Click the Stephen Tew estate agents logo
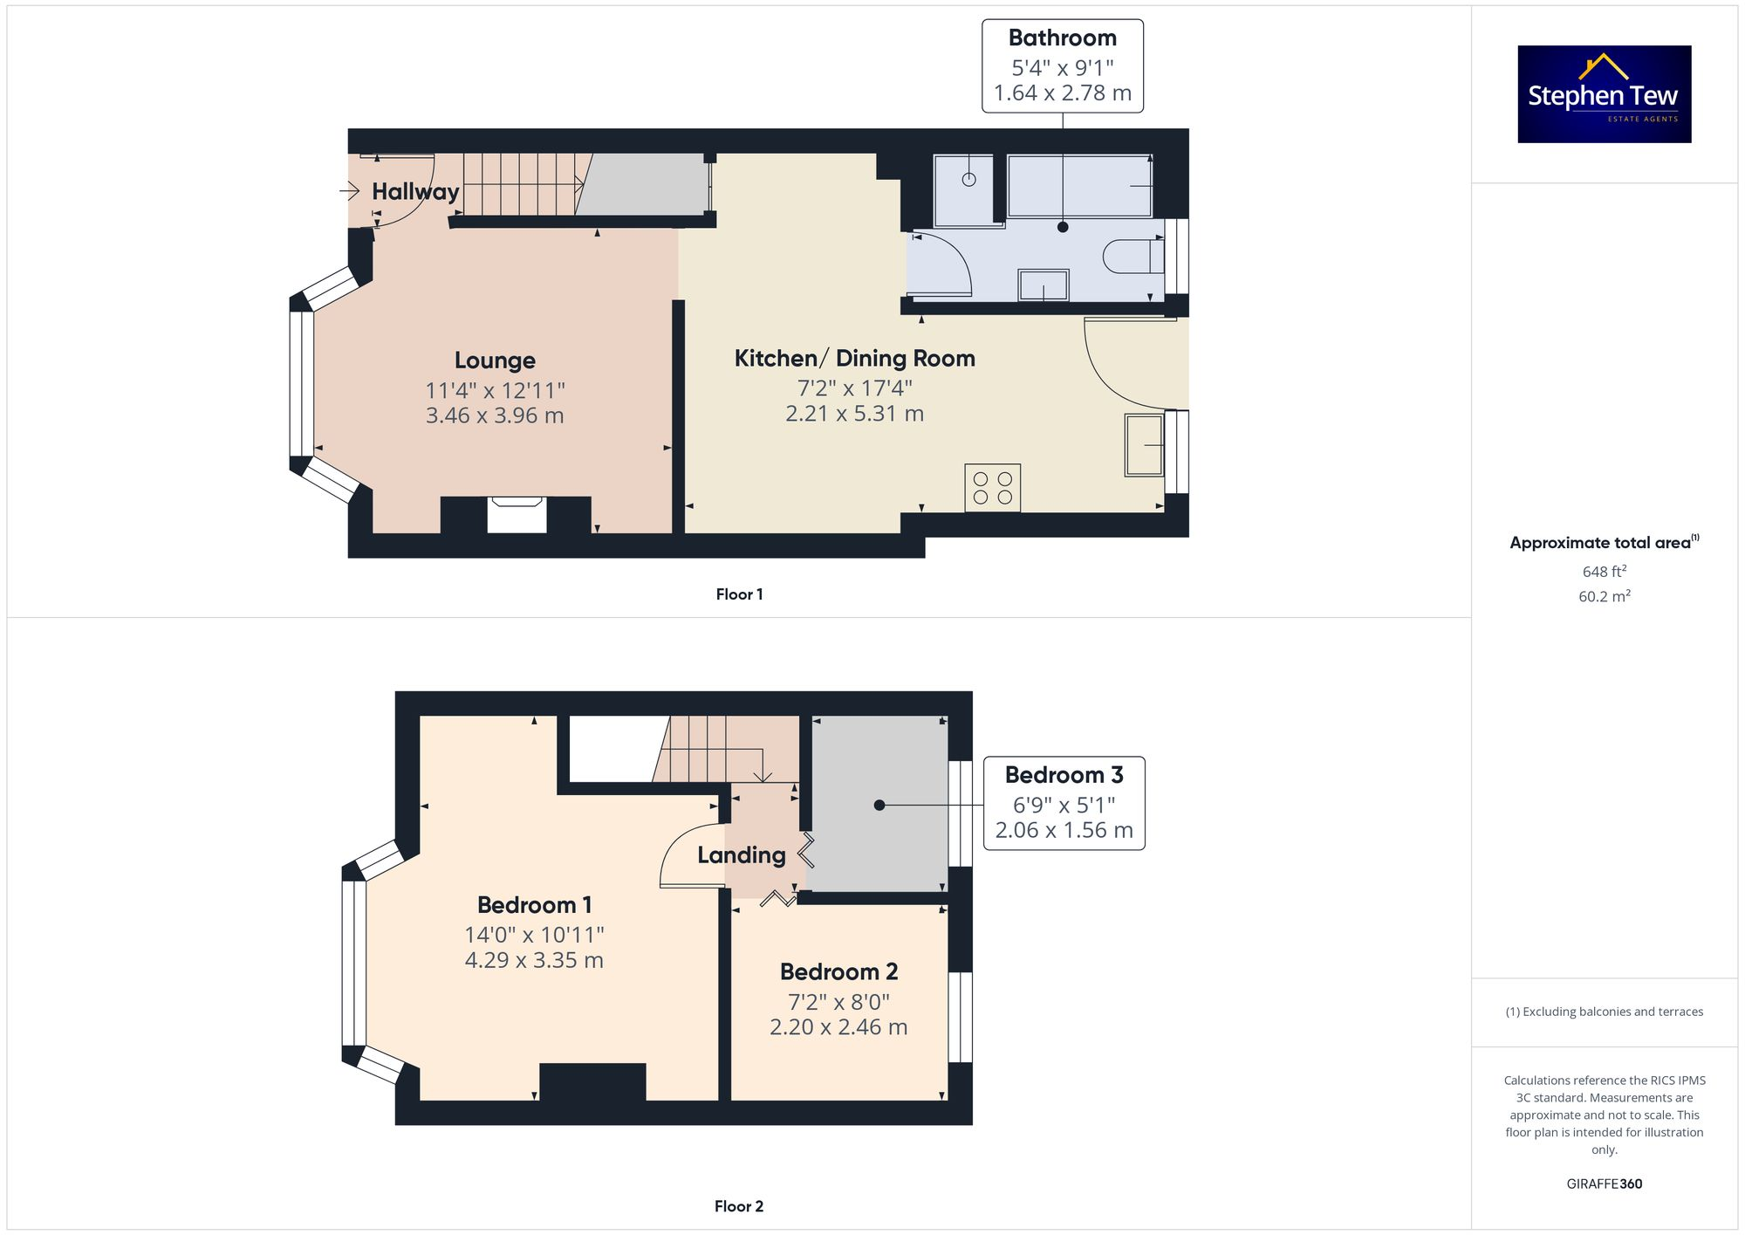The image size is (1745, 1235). pos(1604,94)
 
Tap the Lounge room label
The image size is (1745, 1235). pos(495,360)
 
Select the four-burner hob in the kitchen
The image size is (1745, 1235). pos(992,488)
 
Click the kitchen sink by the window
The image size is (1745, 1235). pos(1144,445)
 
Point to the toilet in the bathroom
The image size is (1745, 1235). pos(1133,257)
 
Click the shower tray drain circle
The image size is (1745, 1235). pos(968,179)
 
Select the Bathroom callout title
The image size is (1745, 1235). pos(1062,38)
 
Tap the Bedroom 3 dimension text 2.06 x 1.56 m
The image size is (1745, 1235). pos(1064,830)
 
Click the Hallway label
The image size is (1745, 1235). pos(415,192)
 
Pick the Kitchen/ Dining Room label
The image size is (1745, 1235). pos(854,359)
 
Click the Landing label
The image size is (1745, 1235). pos(741,855)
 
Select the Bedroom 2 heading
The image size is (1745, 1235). pos(838,971)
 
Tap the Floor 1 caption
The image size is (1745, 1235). pos(739,594)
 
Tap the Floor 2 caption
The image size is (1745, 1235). pos(738,1206)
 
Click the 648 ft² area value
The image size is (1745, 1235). pos(1604,572)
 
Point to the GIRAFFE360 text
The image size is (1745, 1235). pos(1604,1184)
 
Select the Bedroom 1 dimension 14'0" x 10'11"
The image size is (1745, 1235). pos(534,935)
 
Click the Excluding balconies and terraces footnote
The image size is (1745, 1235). pos(1604,1012)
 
